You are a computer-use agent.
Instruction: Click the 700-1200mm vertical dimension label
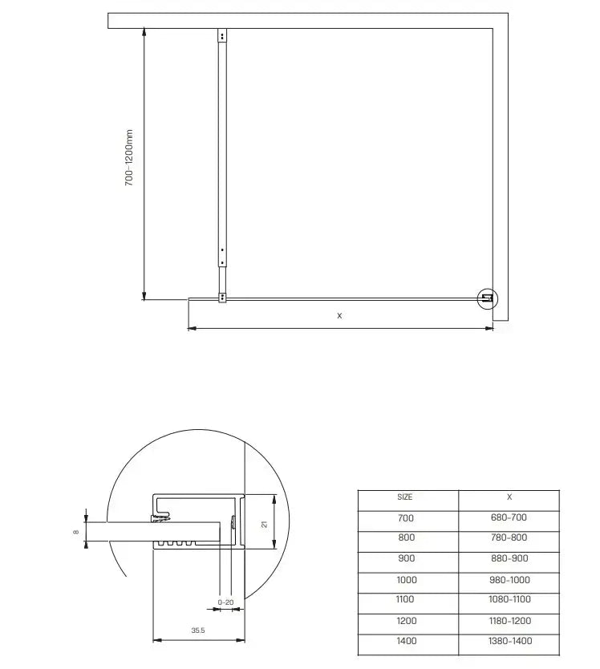click(x=129, y=159)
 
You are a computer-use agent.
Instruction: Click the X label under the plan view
click(x=339, y=316)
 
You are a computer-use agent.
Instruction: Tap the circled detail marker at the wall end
click(x=487, y=299)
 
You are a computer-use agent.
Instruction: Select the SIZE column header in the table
click(x=405, y=498)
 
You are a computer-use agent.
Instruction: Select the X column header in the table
click(x=509, y=498)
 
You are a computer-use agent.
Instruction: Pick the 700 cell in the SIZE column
click(x=406, y=518)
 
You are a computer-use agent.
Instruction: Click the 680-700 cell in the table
click(x=509, y=518)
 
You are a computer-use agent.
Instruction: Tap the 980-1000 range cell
click(x=509, y=580)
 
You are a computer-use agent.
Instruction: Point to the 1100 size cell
click(x=406, y=600)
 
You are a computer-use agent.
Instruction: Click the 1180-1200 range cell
click(x=509, y=621)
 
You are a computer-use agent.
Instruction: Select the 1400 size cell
click(x=406, y=641)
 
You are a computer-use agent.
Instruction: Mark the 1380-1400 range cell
click(x=509, y=641)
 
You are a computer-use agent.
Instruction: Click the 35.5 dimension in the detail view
click(x=198, y=631)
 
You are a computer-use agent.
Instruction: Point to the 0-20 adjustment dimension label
click(x=226, y=602)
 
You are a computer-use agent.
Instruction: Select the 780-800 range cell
click(x=509, y=538)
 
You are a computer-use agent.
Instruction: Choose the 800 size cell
click(x=406, y=538)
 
